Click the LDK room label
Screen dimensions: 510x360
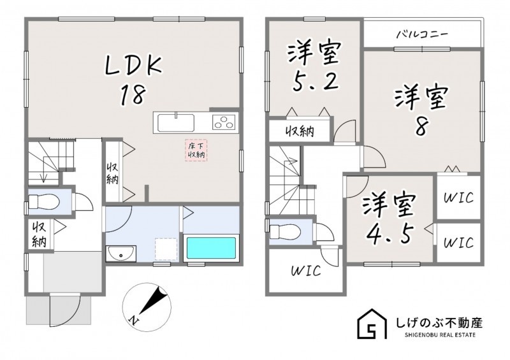[x=133, y=66]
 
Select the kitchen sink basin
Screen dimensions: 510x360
[x=176, y=123]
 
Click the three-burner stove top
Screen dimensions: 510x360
[x=224, y=122]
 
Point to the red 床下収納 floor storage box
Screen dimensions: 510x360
[x=196, y=150]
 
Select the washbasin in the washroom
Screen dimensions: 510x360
[x=121, y=253]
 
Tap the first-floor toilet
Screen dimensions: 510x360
[x=43, y=202]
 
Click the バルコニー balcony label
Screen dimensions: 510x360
[x=423, y=34]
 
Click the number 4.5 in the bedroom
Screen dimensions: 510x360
[x=390, y=233]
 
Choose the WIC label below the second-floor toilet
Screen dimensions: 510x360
[x=306, y=271]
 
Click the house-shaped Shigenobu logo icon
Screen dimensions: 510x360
[x=372, y=324]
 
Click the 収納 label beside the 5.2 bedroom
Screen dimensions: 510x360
[x=300, y=131]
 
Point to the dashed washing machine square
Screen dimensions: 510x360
[x=166, y=249]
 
